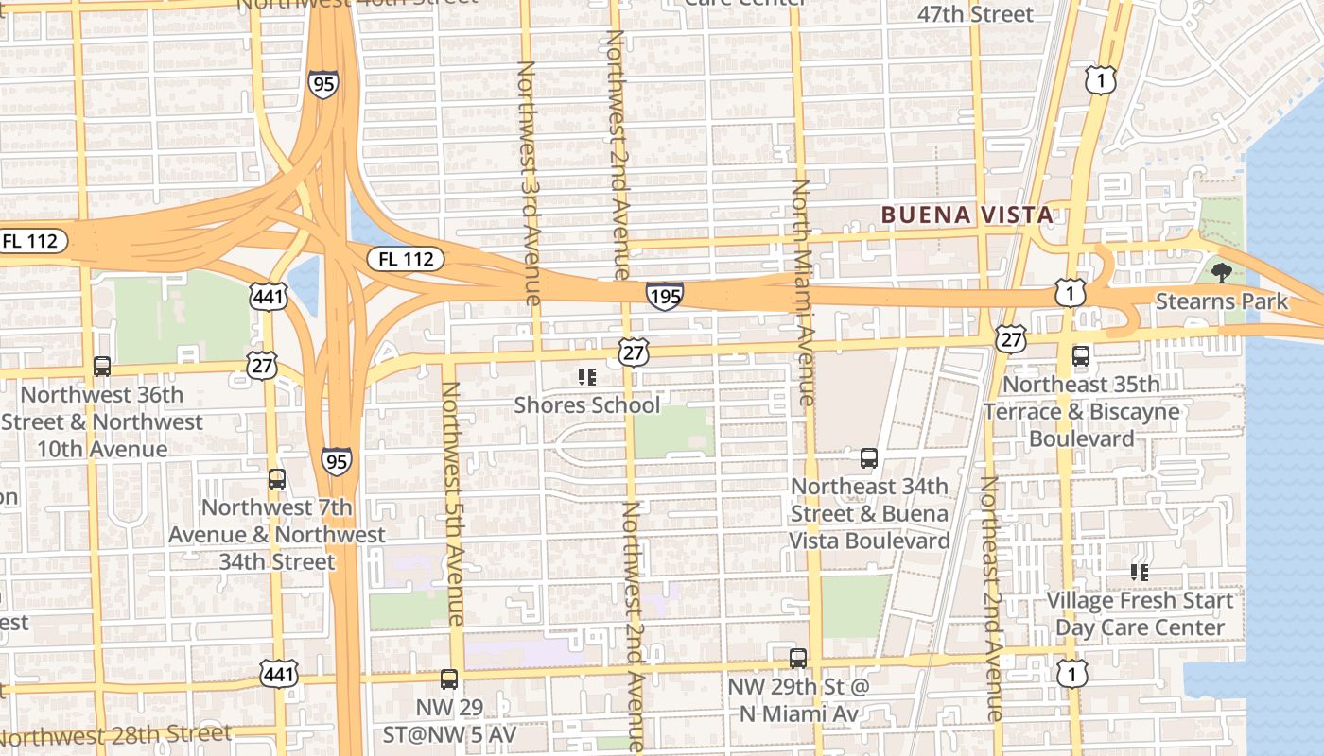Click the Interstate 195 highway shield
tap(665, 297)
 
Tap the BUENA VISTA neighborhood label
tap(967, 215)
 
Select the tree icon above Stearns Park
tap(1221, 274)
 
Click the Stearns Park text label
tap(1221, 301)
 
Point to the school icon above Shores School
tap(586, 377)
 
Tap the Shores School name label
tap(586, 405)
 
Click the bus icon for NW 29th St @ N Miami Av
tap(798, 658)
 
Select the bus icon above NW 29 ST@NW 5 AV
tap(449, 679)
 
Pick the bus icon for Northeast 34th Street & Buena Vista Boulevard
tap(869, 458)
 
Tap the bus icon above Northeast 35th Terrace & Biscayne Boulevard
tap(1080, 356)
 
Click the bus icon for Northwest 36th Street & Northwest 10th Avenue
tap(102, 366)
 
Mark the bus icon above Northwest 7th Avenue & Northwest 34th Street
tap(276, 478)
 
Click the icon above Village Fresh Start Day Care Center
tap(1140, 572)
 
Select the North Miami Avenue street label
tap(802, 293)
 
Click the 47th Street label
tap(975, 14)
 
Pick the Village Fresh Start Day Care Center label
tap(1140, 614)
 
